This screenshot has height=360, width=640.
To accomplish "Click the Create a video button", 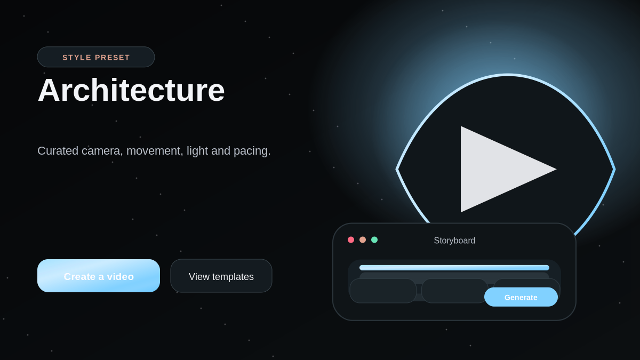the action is (x=99, y=276).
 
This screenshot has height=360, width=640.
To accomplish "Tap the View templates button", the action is (x=221, y=276).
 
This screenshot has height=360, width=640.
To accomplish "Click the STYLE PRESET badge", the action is (x=96, y=57).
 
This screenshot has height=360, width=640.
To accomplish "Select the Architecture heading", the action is (x=131, y=90).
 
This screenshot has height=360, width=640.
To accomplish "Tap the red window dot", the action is (x=351, y=239).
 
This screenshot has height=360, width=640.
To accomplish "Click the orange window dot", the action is (x=363, y=239).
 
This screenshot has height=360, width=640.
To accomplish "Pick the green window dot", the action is (x=374, y=239).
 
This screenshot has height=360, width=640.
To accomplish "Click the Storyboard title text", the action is (x=454, y=241).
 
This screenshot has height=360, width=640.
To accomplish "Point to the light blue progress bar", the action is (x=454, y=268).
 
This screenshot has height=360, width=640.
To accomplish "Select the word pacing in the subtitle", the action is (x=252, y=151).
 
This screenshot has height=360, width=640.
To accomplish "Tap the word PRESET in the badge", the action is (x=113, y=58).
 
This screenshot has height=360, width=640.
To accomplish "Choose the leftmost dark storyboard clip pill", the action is (x=383, y=291).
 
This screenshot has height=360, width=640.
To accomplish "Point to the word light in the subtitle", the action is (x=197, y=151).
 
